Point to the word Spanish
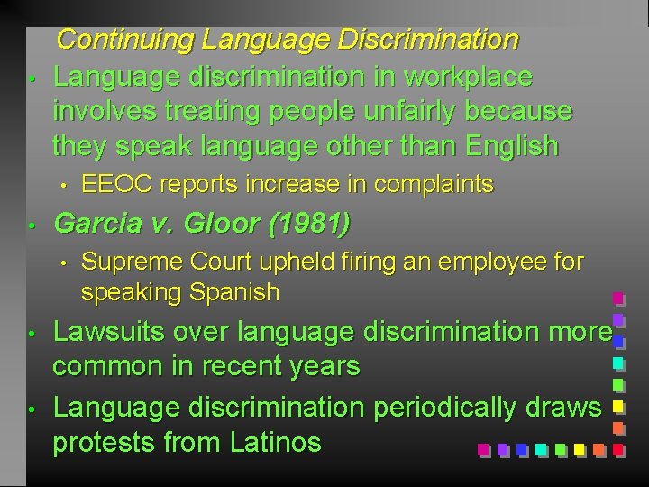click(234, 292)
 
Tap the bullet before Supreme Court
click(64, 264)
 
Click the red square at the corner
click(619, 448)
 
